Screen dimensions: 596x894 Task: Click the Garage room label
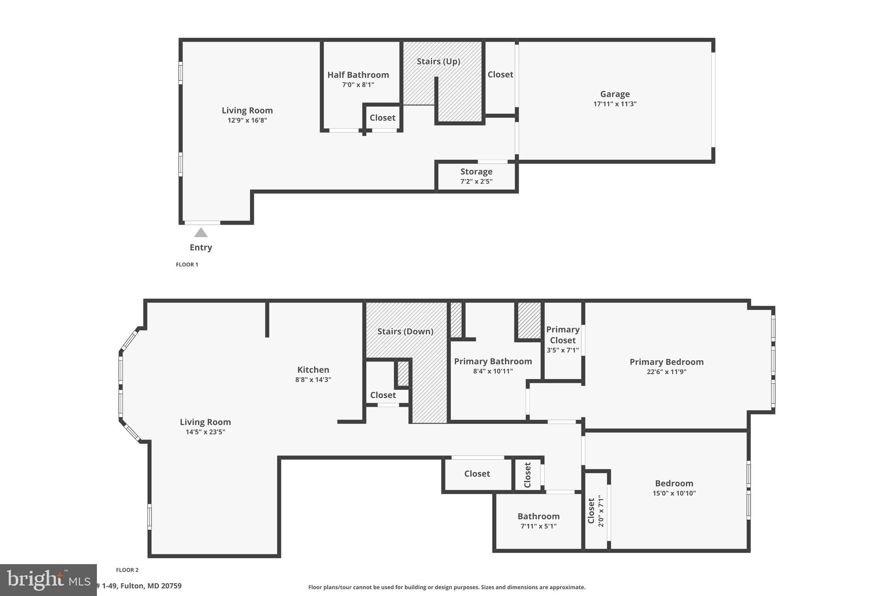(x=615, y=94)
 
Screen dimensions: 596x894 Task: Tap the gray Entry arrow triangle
(x=201, y=233)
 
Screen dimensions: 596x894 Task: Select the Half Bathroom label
(x=358, y=75)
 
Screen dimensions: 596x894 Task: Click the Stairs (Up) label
(x=438, y=62)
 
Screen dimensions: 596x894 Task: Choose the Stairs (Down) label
(x=405, y=331)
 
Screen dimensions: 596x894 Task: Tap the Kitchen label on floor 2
(x=313, y=370)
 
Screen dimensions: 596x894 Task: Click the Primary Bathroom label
(x=493, y=362)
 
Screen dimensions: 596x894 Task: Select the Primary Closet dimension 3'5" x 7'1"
(x=563, y=350)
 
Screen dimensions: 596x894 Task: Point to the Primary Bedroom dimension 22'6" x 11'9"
(x=667, y=372)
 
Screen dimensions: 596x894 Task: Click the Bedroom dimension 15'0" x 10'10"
(x=674, y=493)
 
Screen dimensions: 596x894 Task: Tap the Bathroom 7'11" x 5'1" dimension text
(x=538, y=527)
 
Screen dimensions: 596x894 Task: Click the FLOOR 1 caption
(x=187, y=265)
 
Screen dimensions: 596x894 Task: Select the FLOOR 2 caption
(x=127, y=570)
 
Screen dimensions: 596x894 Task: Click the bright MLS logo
(x=48, y=580)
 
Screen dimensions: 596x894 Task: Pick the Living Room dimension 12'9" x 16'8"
(x=247, y=121)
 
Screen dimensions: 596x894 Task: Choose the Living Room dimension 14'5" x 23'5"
(x=205, y=432)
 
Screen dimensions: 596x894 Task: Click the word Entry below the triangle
(x=201, y=248)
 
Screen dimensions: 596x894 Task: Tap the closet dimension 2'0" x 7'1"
(x=601, y=511)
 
